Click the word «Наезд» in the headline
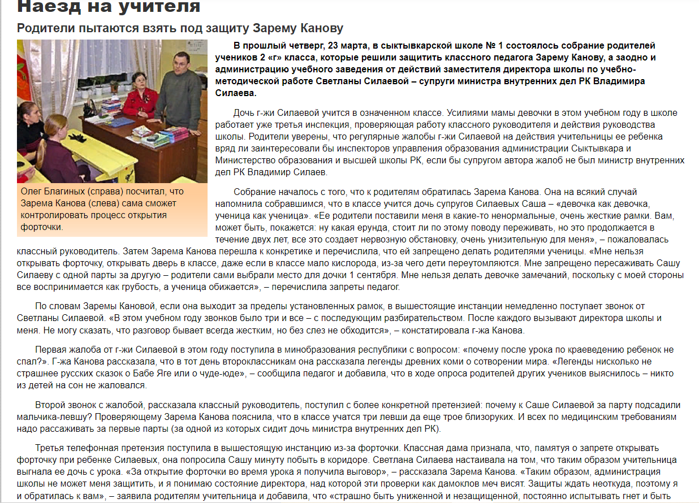click(x=44, y=6)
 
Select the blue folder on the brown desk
click(x=119, y=122)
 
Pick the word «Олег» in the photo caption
click(x=32, y=192)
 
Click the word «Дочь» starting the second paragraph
click(x=244, y=112)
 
